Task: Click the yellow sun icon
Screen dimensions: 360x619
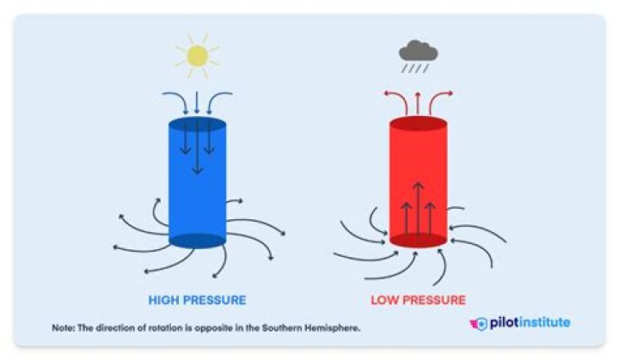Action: coord(197,56)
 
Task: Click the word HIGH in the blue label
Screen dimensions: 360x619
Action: coord(163,301)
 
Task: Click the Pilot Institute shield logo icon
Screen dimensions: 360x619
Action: coord(480,324)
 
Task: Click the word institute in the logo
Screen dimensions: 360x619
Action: coord(547,323)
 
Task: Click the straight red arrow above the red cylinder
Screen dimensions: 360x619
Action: coord(418,104)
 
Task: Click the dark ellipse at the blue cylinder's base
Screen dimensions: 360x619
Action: coord(197,241)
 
